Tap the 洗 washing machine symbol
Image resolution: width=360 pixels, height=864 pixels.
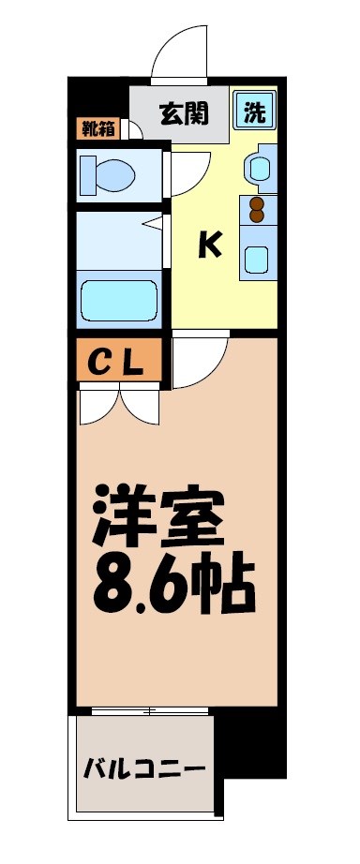click(x=253, y=110)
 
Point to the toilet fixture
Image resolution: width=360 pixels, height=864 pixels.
click(x=109, y=174)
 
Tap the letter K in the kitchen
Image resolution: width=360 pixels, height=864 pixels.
click(x=209, y=246)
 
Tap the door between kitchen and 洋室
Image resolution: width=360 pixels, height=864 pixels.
click(x=199, y=359)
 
